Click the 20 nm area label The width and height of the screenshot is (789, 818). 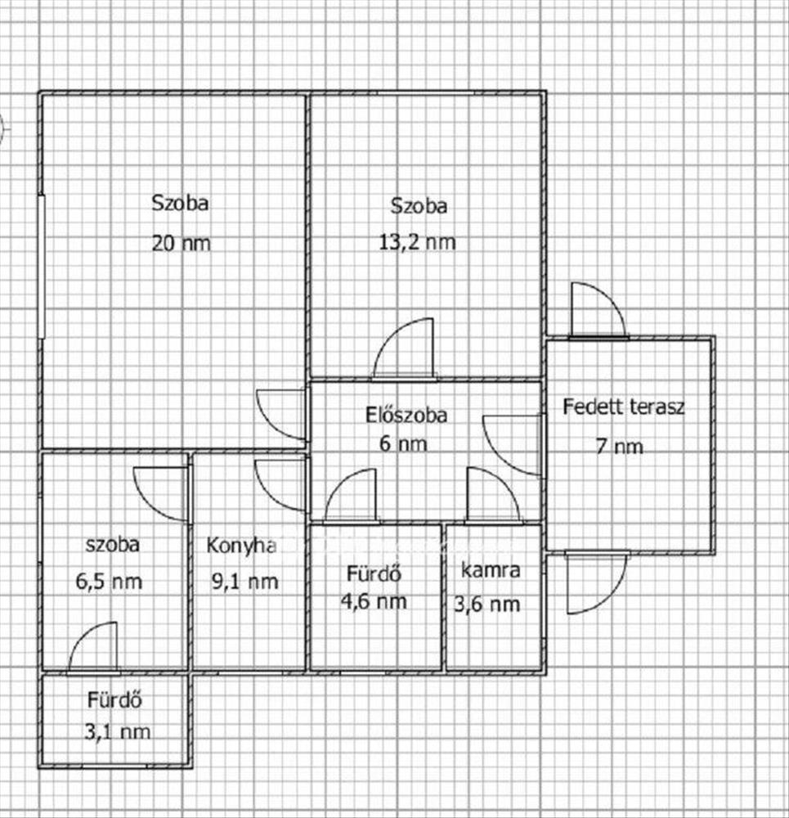tap(180, 243)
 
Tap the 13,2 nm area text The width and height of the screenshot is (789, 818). tap(419, 242)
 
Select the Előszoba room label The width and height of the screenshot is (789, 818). tap(406, 415)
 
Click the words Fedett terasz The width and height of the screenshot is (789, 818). tap(623, 407)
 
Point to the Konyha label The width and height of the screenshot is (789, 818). tap(240, 545)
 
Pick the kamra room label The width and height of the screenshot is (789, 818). tap(491, 570)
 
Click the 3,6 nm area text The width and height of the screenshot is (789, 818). tap(487, 605)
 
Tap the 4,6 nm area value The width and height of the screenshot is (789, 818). tap(374, 601)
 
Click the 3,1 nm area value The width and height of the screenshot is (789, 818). tap(119, 732)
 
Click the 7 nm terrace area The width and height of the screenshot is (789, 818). tap(620, 446)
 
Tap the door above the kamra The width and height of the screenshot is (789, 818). tap(492, 496)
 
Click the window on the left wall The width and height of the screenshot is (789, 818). tap(41, 266)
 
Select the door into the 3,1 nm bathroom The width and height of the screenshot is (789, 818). tap(92, 649)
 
